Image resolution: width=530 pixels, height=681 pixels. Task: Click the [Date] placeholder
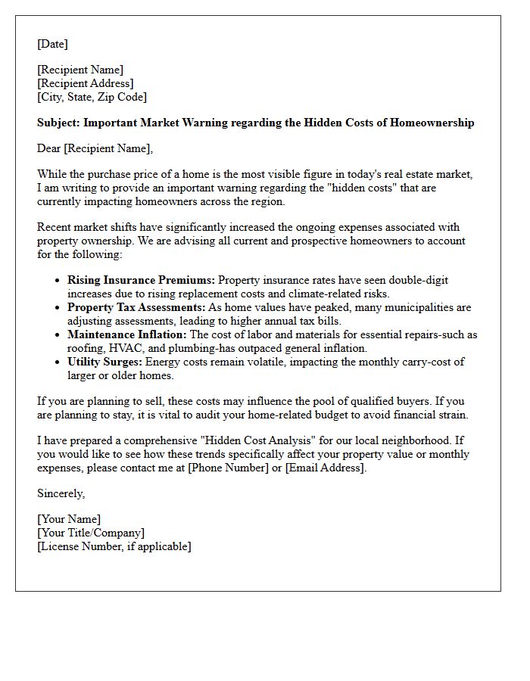coord(52,44)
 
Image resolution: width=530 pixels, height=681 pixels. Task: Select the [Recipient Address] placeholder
coord(85,83)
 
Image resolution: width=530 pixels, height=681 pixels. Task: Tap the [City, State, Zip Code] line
coord(92,97)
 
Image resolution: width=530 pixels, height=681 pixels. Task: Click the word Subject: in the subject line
coord(58,123)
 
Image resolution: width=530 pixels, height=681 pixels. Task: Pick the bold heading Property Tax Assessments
coord(136,307)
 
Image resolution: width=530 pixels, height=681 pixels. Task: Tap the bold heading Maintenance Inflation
coord(126,334)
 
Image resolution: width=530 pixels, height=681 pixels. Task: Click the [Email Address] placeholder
coord(325,468)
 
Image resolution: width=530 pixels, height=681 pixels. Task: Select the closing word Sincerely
coord(61,493)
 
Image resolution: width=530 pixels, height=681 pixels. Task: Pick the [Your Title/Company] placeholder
coord(90,533)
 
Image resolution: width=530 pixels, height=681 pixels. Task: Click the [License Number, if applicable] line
coord(114,546)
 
